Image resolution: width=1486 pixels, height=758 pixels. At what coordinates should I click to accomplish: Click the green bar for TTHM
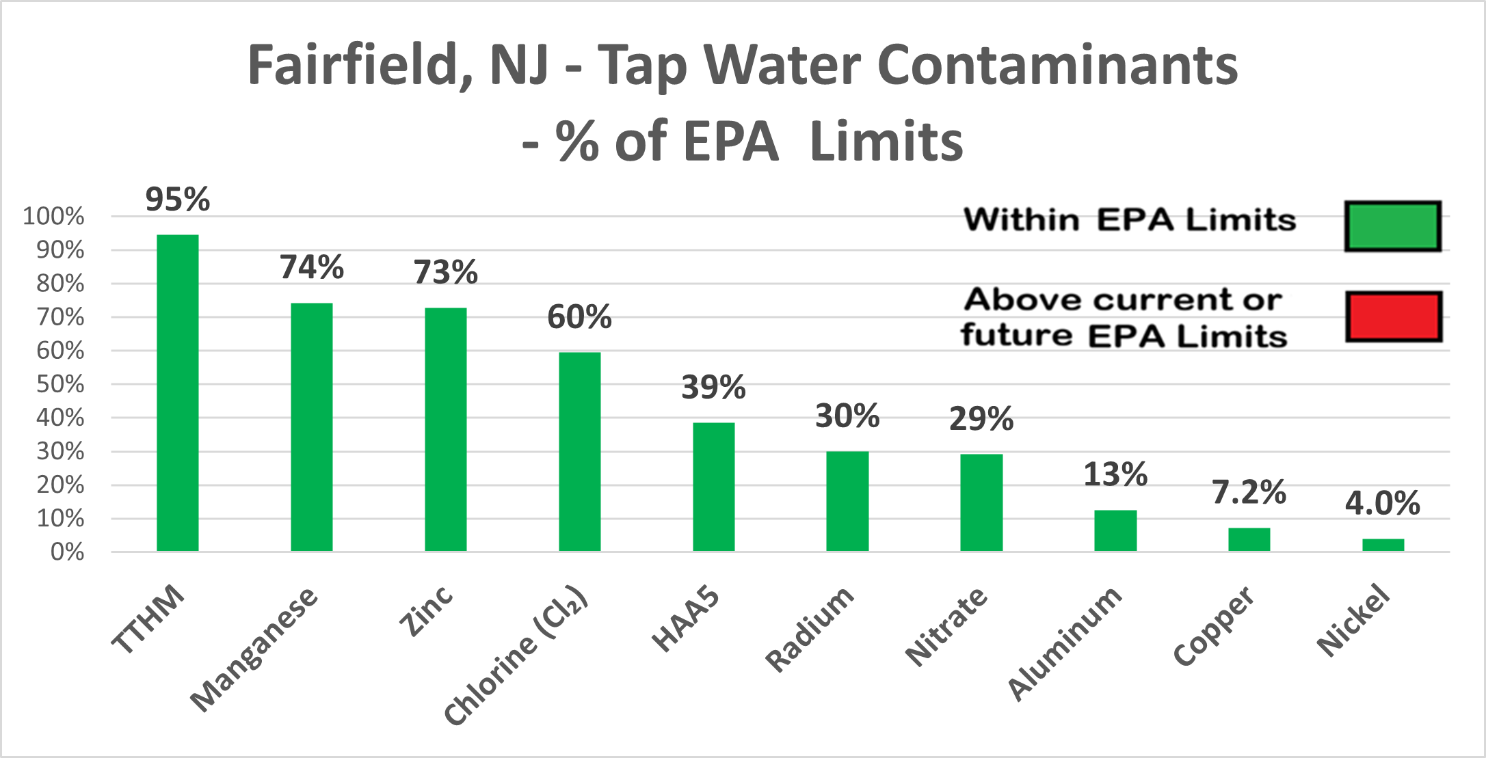point(178,393)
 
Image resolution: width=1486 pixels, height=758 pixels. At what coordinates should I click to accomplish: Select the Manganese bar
point(312,427)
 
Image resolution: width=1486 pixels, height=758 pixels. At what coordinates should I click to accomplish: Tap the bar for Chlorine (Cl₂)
point(580,451)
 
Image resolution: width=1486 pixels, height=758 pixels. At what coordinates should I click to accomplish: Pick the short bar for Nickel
point(1383,545)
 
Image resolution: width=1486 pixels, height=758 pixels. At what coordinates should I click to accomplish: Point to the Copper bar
point(1249,539)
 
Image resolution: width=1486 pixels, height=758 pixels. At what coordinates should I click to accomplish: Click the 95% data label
point(178,200)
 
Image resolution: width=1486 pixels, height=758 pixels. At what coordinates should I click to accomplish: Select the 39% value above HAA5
point(713,388)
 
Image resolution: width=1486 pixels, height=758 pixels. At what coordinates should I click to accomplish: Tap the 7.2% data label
point(1249,492)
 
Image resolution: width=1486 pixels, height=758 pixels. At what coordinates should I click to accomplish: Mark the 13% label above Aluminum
point(1115,474)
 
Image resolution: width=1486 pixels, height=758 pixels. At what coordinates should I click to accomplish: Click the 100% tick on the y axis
point(53,217)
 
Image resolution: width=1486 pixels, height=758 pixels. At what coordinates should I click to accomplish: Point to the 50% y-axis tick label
point(60,384)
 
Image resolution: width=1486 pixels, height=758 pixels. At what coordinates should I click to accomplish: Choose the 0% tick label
point(67,552)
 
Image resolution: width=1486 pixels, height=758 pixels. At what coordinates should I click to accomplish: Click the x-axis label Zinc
point(426,612)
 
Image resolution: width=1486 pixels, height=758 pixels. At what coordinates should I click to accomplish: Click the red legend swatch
point(1394,316)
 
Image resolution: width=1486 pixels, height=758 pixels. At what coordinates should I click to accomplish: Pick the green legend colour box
point(1392,226)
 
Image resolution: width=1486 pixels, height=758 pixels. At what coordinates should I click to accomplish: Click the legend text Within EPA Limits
point(1130,220)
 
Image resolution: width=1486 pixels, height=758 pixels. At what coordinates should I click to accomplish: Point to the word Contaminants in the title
point(1057,66)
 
